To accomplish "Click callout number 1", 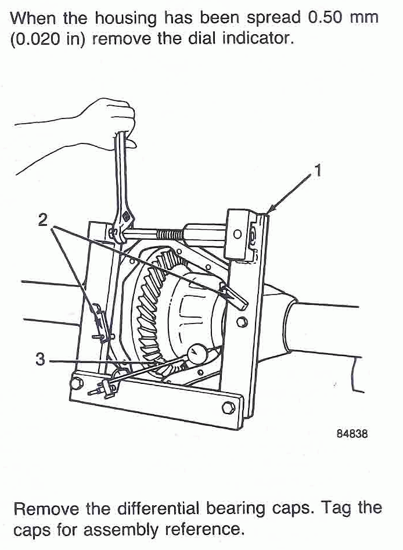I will click(317, 171).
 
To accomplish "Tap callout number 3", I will click(39, 360).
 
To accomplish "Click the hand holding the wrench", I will click(110, 119).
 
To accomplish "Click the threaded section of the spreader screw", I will click(168, 233).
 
